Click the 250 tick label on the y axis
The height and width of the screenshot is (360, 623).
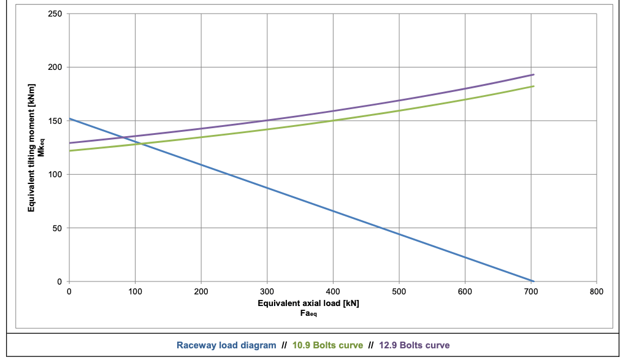click(55, 14)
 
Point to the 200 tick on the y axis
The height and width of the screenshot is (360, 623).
click(55, 67)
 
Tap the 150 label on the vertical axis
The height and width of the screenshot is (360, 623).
click(55, 121)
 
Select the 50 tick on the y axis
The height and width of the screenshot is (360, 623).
click(57, 228)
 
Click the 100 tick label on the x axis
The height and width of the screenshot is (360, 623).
click(135, 292)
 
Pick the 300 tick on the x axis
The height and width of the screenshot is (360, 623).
click(267, 292)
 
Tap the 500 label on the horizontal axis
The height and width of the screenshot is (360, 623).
click(399, 292)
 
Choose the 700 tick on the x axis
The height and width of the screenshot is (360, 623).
click(531, 292)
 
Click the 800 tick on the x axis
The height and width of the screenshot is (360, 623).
click(597, 292)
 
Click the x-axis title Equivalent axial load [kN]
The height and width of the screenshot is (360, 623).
click(308, 304)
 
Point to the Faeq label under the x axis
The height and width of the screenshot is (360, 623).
click(308, 313)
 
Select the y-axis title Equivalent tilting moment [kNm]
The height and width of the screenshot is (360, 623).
click(31, 148)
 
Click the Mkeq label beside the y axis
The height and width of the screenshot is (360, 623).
click(41, 148)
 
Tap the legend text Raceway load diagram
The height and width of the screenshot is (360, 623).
click(226, 345)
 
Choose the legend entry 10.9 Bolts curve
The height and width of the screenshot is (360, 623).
click(328, 345)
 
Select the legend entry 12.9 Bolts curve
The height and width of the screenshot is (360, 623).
click(415, 345)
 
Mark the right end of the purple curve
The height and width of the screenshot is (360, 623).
click(533, 74)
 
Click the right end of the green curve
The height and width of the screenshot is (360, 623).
click(533, 86)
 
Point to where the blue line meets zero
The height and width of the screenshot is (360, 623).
click(533, 281)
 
